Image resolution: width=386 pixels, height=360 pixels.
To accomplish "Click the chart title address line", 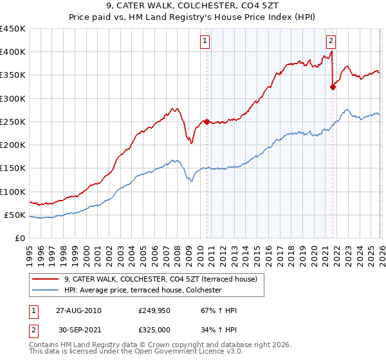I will coord(192,6).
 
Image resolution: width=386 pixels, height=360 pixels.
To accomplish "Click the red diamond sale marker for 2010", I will coord(207,122).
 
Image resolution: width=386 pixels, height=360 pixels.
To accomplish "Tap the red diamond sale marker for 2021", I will coord(333,87).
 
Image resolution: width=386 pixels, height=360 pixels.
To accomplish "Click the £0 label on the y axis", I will coord(19,238).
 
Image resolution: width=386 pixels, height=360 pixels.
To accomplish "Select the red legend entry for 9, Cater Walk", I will coord(161,279).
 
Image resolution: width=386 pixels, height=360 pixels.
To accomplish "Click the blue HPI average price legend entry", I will coord(143,291).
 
